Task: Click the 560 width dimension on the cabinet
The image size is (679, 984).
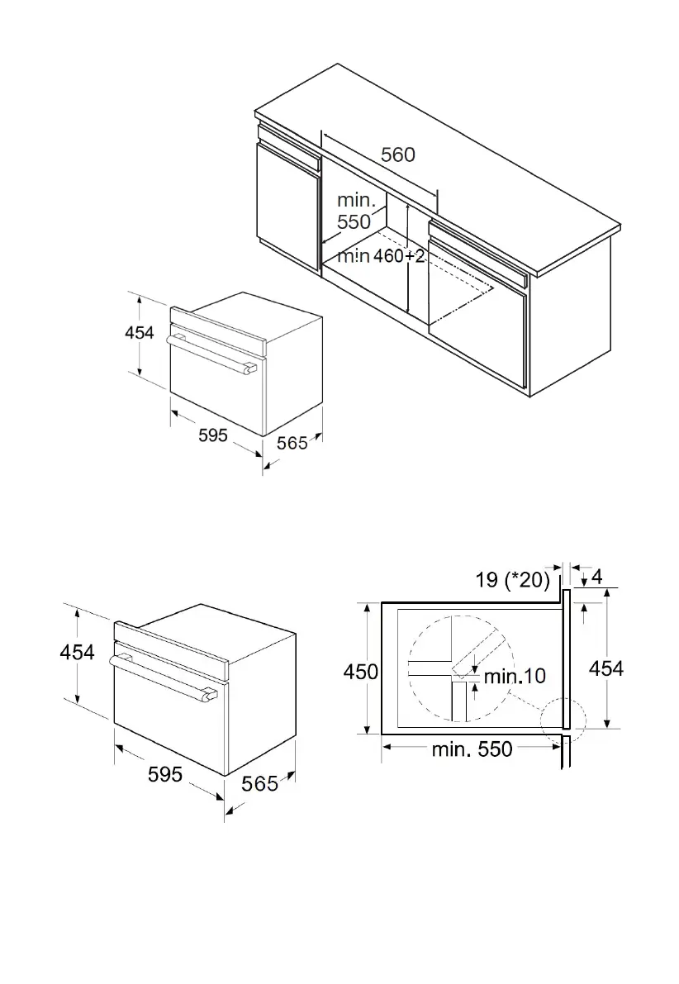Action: pos(397,154)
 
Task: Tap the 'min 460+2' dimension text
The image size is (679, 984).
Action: pos(381,256)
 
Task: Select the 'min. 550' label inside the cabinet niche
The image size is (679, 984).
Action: pos(354,211)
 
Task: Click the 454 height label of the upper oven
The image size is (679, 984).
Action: pos(140,332)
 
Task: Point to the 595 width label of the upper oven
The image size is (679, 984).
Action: pos(213,435)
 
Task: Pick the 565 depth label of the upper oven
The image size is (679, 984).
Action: pos(292,444)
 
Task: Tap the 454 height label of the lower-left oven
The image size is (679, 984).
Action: pos(77,652)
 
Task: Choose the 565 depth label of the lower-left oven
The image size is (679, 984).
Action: pos(259,783)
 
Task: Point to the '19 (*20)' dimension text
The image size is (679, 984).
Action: pos(513,579)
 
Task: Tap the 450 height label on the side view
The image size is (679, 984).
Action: pos(361,672)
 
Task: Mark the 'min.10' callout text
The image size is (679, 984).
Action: pos(515,676)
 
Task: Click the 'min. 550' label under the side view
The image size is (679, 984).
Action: pos(472,749)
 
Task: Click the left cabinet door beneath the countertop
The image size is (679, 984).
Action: pos(287,207)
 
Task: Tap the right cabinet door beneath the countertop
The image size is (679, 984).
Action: pos(477,330)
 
